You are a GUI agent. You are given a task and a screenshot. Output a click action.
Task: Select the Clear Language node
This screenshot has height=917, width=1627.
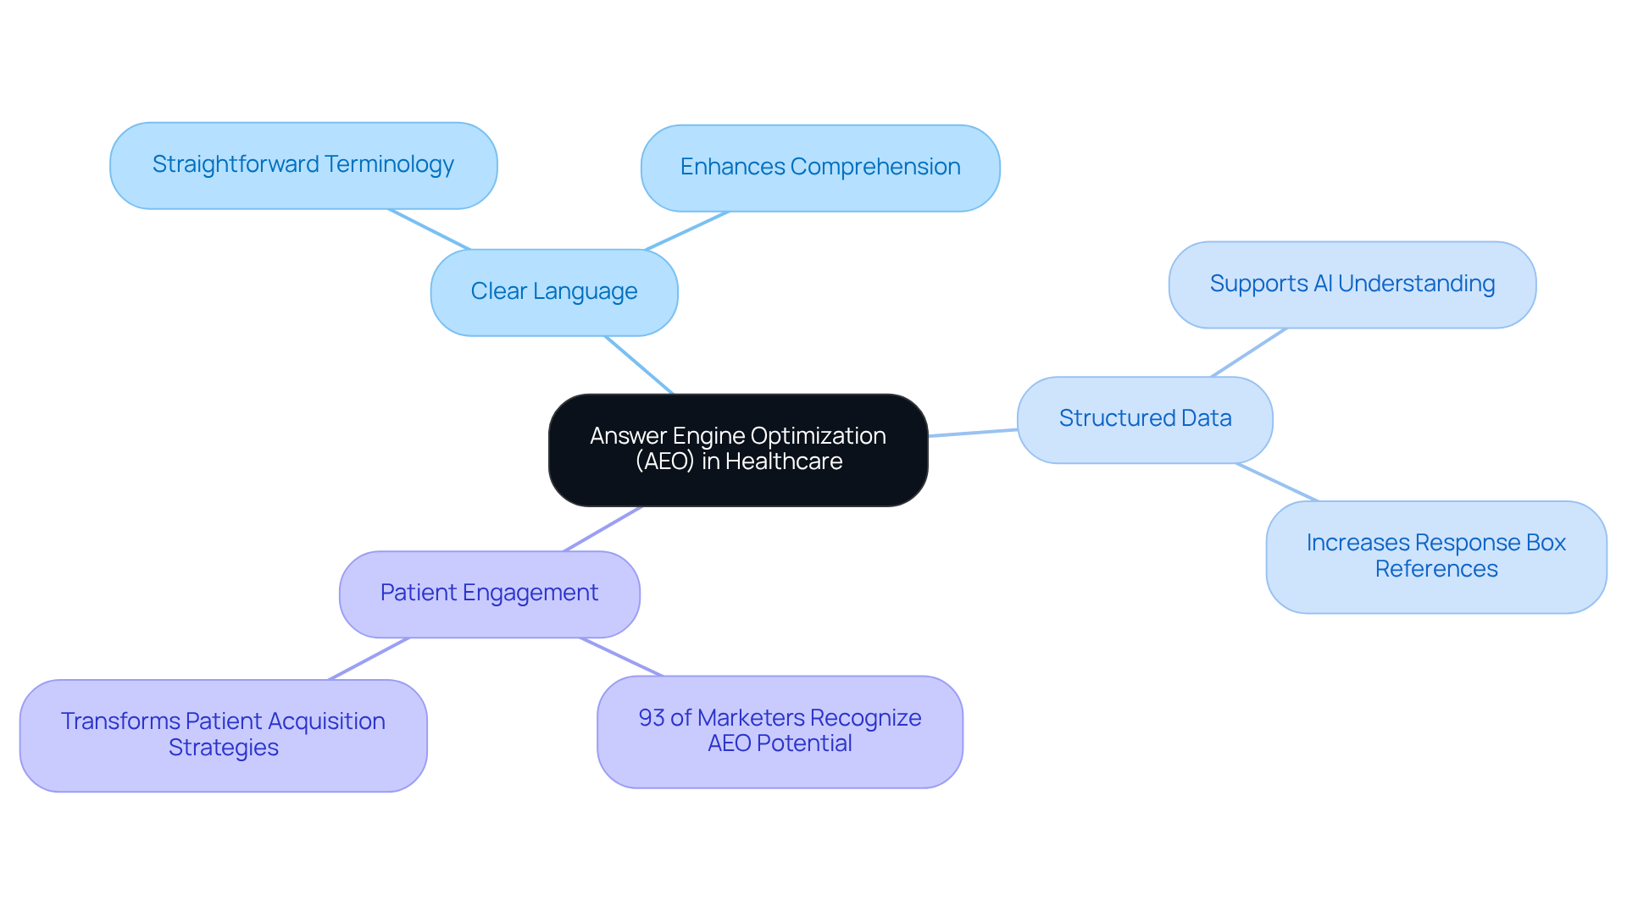pyautogui.click(x=553, y=292)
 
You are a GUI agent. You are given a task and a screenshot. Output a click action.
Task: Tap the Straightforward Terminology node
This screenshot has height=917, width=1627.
pyautogui.click(x=303, y=165)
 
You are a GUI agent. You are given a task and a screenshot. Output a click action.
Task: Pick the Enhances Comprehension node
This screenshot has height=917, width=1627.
pyautogui.click(x=819, y=168)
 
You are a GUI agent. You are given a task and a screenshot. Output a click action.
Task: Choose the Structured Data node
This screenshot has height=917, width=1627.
pyautogui.click(x=1144, y=419)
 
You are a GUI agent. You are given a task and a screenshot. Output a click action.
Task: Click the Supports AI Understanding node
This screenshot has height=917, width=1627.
pyautogui.click(x=1352, y=284)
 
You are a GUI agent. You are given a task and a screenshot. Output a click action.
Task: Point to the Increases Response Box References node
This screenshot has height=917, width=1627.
pyautogui.click(x=1435, y=556)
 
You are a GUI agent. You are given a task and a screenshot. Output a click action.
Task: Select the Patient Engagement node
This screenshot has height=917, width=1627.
pyautogui.click(x=489, y=594)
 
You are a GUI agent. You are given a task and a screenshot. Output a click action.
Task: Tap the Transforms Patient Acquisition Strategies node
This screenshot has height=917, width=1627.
pyautogui.click(x=223, y=735)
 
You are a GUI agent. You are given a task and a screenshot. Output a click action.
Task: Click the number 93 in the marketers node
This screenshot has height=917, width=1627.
pyautogui.click(x=651, y=718)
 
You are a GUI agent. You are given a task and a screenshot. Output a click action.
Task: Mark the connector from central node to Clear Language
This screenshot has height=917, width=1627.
pyautogui.click(x=639, y=365)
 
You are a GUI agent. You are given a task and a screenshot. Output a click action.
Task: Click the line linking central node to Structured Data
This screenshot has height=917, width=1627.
pyautogui.click(x=973, y=433)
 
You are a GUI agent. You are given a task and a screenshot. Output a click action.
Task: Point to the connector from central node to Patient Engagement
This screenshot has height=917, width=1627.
pyautogui.click(x=602, y=529)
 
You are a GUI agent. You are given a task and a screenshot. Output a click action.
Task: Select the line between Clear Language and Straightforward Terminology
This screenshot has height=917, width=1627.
pyautogui.click(x=429, y=229)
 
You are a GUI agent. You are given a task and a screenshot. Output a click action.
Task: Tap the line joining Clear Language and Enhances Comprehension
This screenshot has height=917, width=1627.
pyautogui.click(x=686, y=231)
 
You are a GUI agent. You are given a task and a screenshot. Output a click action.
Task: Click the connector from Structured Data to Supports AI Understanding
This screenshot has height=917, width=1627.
pyautogui.click(x=1249, y=352)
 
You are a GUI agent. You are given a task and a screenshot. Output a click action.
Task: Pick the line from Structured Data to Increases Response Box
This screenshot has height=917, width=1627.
pyautogui.click(x=1277, y=482)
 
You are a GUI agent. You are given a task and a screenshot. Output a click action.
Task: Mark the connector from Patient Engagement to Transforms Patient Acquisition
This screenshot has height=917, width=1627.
pyautogui.click(x=369, y=659)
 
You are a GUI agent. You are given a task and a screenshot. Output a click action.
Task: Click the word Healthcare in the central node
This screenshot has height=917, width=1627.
pyautogui.click(x=784, y=461)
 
